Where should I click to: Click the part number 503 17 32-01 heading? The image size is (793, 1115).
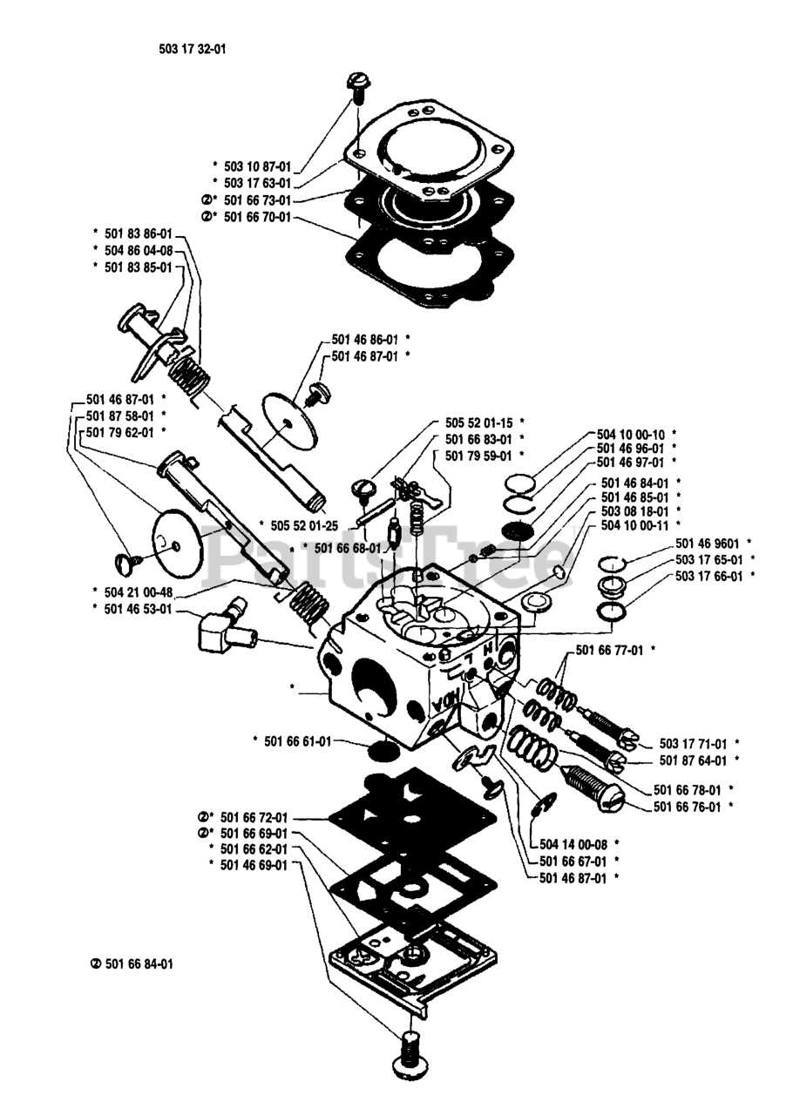coord(186,50)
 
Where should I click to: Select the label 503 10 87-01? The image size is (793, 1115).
coord(257,165)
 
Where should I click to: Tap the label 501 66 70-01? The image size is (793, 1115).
coord(257,217)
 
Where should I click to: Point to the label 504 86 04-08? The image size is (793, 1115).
coord(137,250)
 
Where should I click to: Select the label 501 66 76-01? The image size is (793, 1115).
coord(687,807)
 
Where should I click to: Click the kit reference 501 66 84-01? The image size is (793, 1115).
coord(132,964)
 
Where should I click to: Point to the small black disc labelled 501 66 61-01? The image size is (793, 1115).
coord(380,751)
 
